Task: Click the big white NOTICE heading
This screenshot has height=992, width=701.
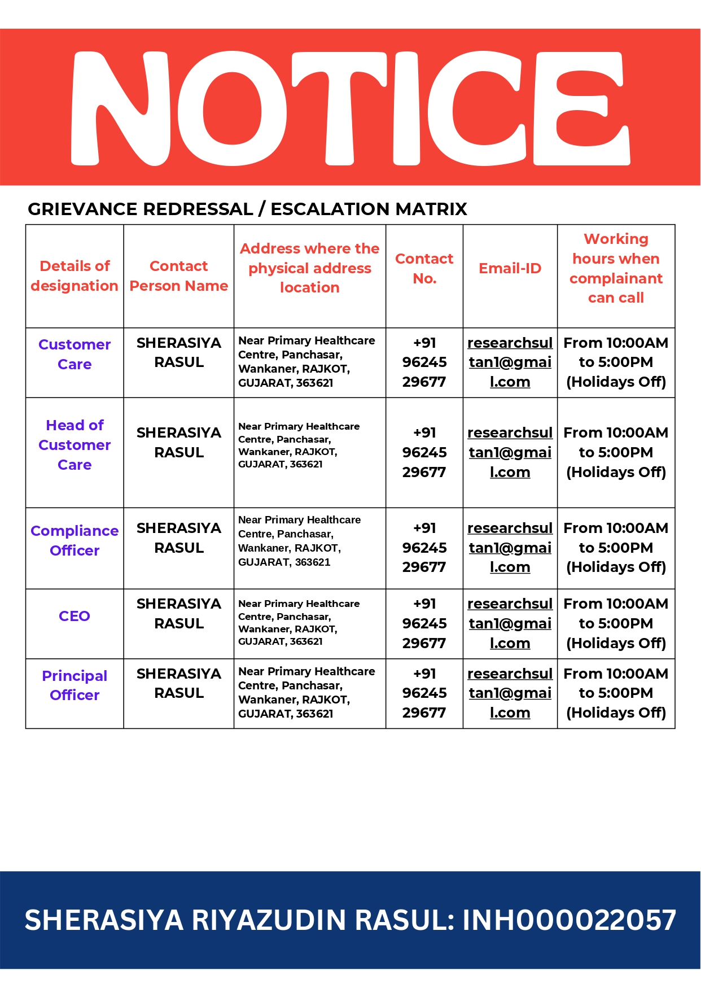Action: [350, 108]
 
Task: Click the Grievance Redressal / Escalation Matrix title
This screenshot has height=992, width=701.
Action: [247, 209]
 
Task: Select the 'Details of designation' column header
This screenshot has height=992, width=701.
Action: [75, 276]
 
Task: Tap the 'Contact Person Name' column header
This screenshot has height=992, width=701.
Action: [179, 276]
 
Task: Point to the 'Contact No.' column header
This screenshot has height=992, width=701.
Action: [424, 269]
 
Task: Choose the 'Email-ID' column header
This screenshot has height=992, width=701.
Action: [510, 269]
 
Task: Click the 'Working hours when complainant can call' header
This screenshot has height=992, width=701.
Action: [616, 269]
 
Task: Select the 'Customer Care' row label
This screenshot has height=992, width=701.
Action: [75, 355]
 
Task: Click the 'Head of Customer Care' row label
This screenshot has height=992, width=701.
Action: [75, 445]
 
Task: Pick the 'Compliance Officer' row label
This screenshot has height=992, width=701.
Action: [75, 541]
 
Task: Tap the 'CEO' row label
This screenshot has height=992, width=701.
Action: [75, 616]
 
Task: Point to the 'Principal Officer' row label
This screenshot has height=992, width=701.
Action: [75, 685]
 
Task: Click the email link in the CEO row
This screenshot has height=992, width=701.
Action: [510, 624]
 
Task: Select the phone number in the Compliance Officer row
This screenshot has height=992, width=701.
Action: [424, 548]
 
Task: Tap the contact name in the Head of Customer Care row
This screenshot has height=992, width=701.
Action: [179, 443]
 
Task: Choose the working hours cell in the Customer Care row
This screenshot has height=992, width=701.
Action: [616, 362]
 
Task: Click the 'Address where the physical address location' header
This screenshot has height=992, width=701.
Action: [310, 268]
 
